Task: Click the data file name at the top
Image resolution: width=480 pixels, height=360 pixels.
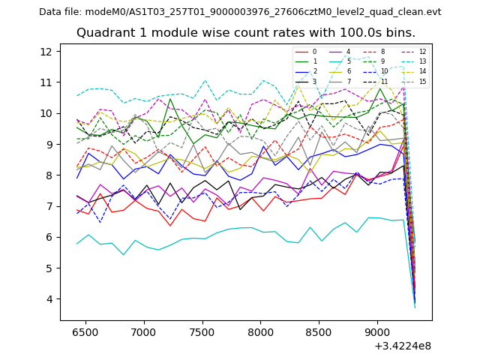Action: (x=240, y=12)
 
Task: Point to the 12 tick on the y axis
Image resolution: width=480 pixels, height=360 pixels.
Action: (x=50, y=52)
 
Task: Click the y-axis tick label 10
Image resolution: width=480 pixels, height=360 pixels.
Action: (x=50, y=113)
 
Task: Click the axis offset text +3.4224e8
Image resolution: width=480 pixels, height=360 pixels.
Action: (x=403, y=346)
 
